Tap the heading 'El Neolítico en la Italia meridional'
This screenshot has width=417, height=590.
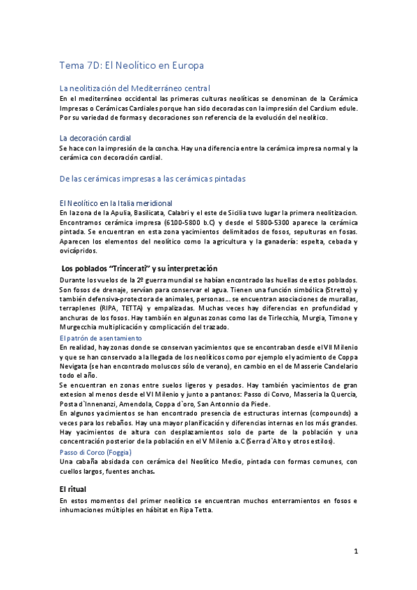coord(116,202)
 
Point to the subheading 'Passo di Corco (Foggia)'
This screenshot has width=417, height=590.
coord(99,452)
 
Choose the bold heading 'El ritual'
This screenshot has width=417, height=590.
coord(72,489)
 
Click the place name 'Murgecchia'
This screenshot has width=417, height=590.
coord(81,327)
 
